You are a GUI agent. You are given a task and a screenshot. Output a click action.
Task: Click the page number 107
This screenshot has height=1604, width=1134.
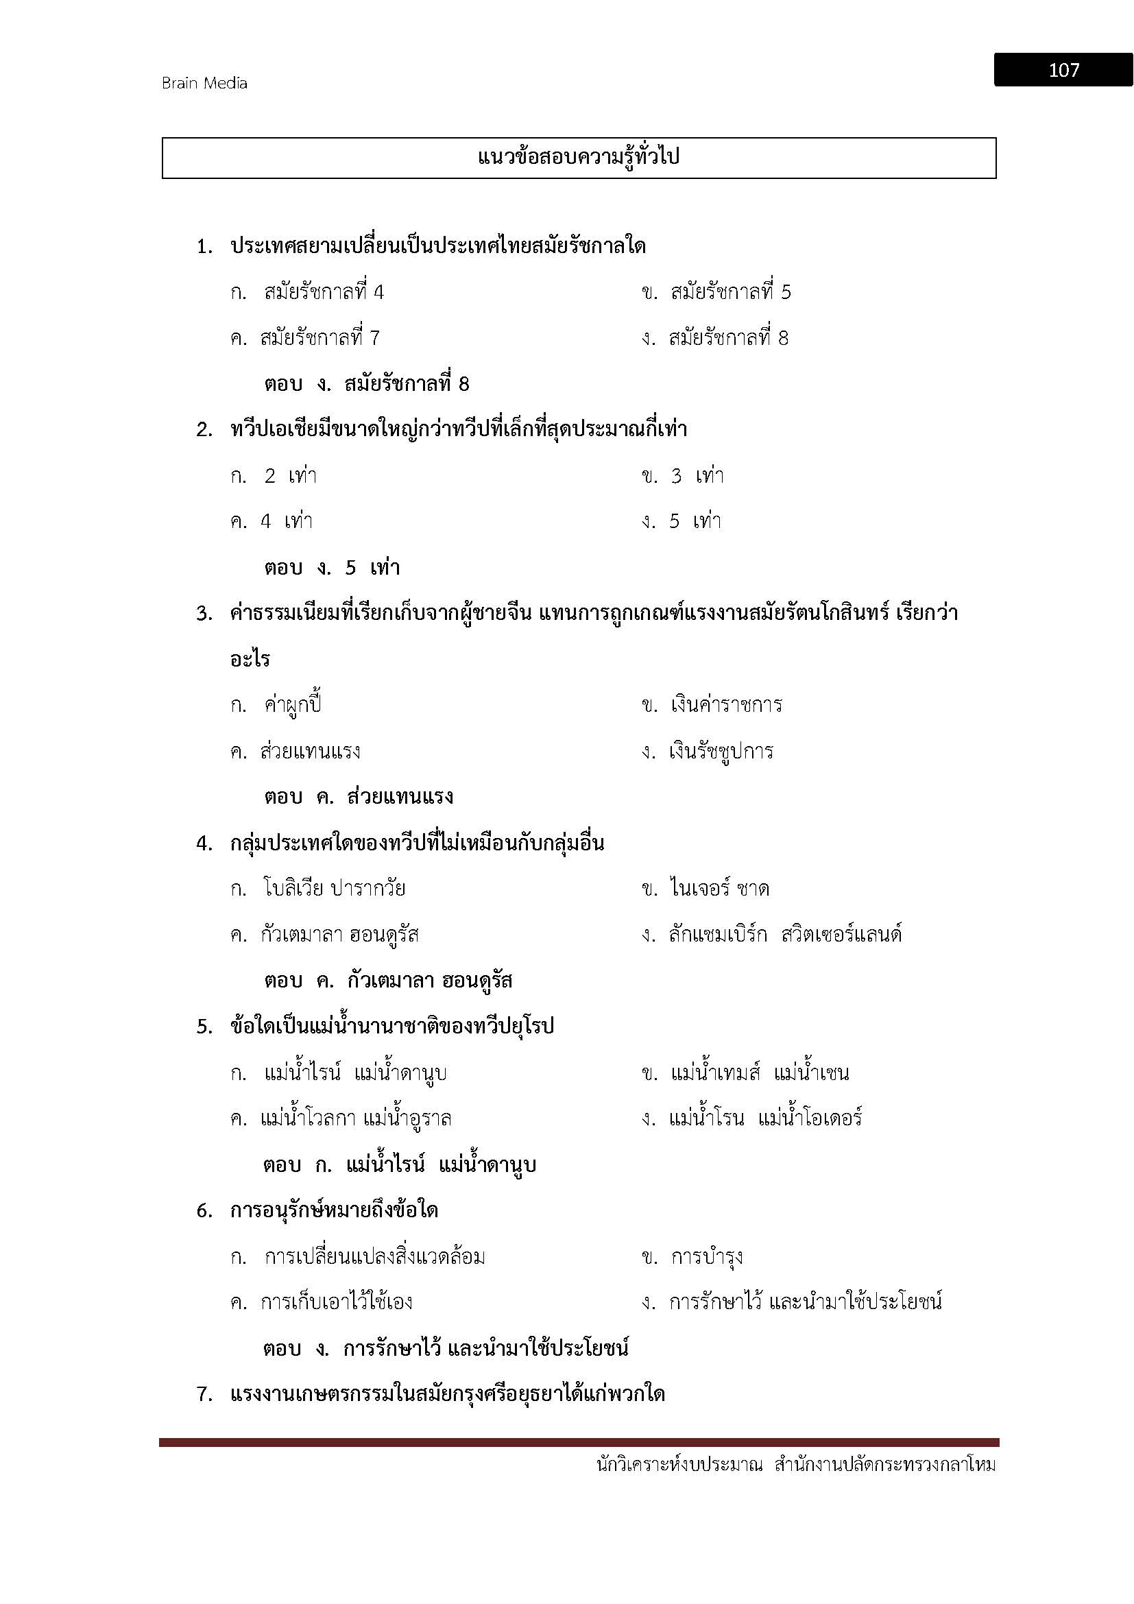(1063, 70)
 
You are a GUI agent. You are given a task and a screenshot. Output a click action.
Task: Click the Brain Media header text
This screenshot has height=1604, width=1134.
(204, 83)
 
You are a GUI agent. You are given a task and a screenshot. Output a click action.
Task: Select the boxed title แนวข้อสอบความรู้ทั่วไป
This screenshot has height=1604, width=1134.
(578, 158)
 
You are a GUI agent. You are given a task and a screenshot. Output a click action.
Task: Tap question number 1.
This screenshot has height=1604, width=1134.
(204, 247)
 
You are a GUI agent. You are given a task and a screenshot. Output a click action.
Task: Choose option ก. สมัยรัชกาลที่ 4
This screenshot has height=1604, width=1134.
(307, 292)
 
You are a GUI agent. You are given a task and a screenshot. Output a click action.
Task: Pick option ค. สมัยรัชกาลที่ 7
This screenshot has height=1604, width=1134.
(305, 338)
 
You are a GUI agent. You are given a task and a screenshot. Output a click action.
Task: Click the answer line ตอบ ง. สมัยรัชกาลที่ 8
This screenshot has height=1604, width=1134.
(367, 384)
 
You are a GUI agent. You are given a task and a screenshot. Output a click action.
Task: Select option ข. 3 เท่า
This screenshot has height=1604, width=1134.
(682, 477)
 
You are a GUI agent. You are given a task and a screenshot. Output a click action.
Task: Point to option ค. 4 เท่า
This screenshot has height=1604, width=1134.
(272, 522)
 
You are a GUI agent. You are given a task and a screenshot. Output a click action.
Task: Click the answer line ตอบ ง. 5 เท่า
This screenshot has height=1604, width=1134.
(332, 568)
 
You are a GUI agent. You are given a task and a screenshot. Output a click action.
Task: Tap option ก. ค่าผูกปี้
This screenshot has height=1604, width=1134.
(276, 705)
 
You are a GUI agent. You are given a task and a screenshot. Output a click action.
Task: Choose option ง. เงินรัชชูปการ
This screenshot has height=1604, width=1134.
(708, 752)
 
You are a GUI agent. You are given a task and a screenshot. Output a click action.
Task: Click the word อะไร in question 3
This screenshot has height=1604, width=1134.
(250, 660)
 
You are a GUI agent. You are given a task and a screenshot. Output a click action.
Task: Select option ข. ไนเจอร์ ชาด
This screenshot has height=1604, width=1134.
(705, 889)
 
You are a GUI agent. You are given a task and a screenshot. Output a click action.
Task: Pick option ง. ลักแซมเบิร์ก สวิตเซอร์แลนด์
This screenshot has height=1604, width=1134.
(771, 935)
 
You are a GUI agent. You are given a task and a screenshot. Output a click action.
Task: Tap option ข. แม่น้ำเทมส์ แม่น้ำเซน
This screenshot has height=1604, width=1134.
(745, 1073)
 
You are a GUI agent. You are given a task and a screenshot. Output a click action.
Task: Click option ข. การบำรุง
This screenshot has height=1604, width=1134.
(692, 1257)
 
